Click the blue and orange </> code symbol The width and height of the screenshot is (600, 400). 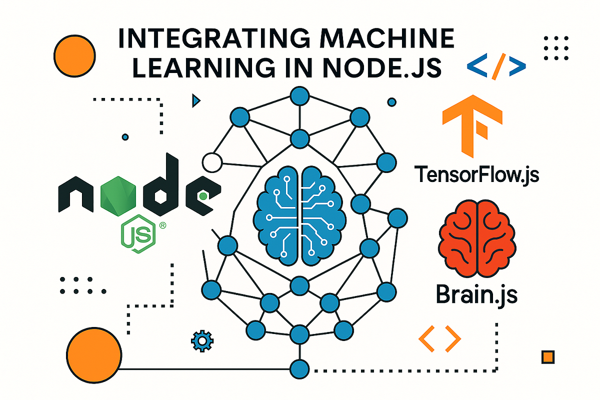(x=496, y=65)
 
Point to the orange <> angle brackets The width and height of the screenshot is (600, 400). (x=439, y=338)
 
